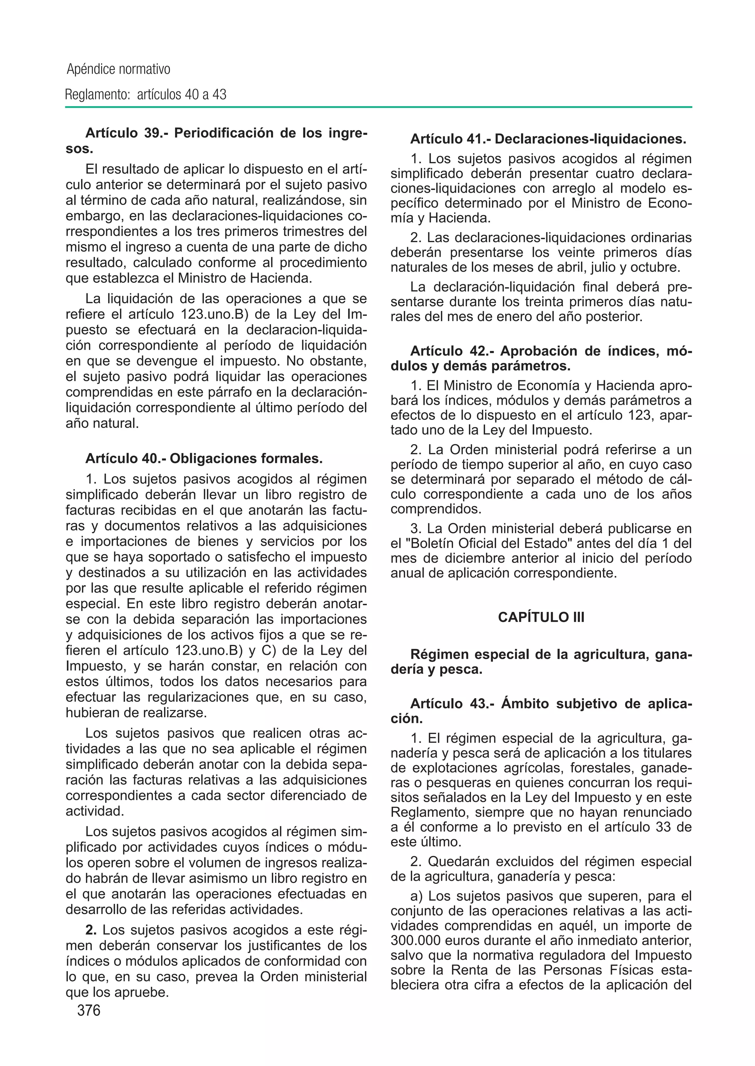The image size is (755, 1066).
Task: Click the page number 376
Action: click(89, 1010)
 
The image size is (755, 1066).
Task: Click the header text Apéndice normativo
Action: click(119, 70)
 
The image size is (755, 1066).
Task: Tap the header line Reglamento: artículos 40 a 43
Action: click(146, 95)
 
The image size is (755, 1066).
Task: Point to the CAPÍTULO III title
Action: click(541, 617)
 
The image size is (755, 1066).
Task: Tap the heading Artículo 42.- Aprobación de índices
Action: click(551, 351)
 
